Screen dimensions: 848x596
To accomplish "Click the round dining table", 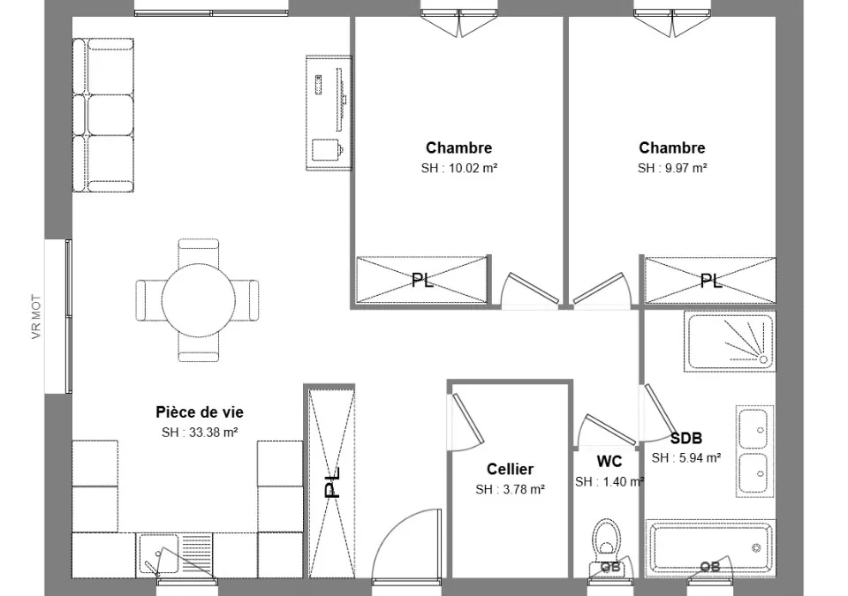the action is (199, 299).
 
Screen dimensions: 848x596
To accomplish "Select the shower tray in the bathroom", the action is (730, 342).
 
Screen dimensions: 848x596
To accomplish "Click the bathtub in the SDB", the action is (710, 547).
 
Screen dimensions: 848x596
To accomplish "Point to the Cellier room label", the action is (510, 469).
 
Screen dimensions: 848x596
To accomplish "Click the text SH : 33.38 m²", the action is (200, 433).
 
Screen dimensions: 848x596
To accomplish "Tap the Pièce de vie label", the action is (200, 412).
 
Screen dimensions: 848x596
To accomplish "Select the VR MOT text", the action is (36, 316).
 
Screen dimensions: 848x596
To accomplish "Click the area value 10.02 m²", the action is (473, 168).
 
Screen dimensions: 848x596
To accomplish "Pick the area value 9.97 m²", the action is (685, 168).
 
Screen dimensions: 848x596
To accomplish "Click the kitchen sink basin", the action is (158, 554).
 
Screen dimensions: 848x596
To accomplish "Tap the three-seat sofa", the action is (102, 115).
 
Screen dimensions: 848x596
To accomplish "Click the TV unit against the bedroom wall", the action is (329, 113).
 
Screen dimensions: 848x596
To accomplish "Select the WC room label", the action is (609, 461).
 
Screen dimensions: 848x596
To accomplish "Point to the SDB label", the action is (686, 438).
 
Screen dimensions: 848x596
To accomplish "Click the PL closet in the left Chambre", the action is (422, 280).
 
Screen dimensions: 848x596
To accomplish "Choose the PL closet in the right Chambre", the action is (710, 280).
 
